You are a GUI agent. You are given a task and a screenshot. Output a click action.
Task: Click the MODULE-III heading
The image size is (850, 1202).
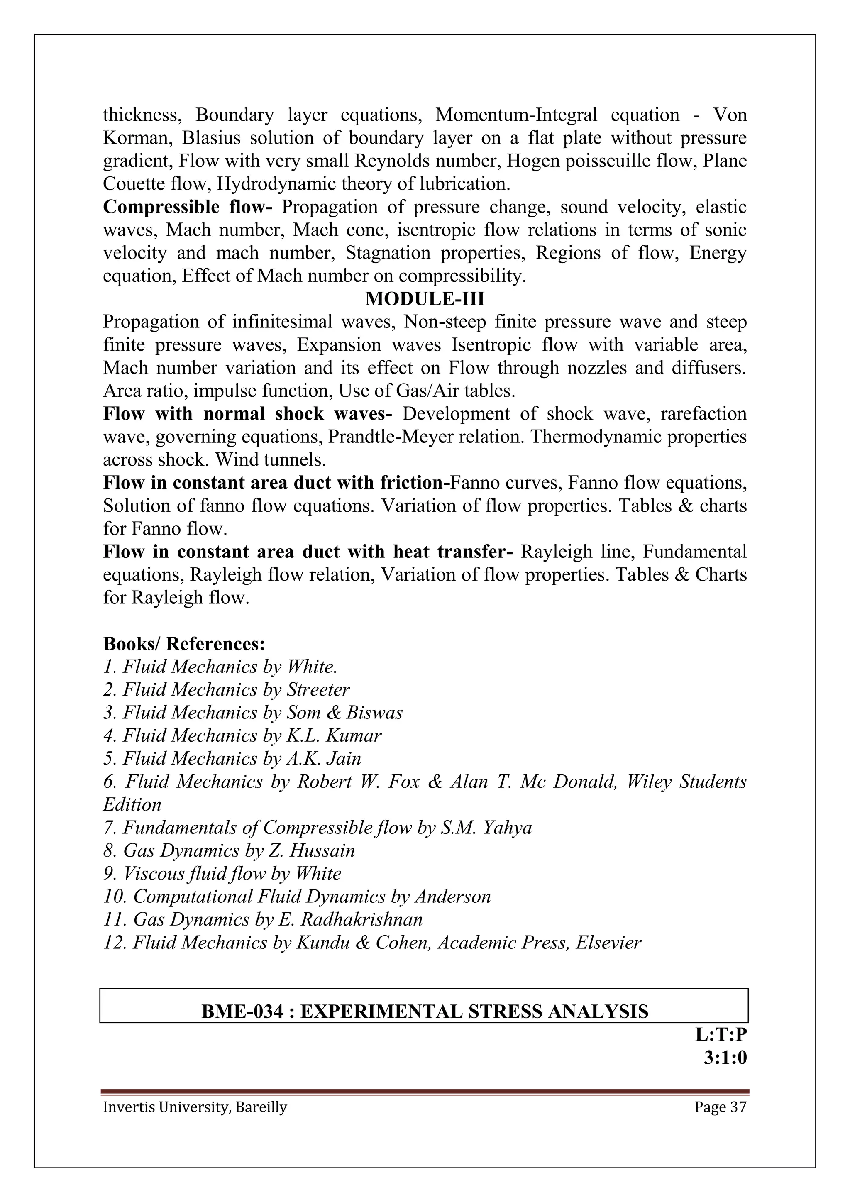click(425, 299)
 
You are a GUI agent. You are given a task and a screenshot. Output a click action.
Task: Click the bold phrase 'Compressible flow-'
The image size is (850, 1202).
click(187, 207)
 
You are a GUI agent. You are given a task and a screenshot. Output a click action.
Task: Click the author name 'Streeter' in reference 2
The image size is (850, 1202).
click(318, 689)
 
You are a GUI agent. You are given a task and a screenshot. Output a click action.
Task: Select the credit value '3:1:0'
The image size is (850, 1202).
click(725, 1058)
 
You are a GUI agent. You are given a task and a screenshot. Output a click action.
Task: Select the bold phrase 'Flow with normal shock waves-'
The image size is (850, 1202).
click(247, 413)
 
